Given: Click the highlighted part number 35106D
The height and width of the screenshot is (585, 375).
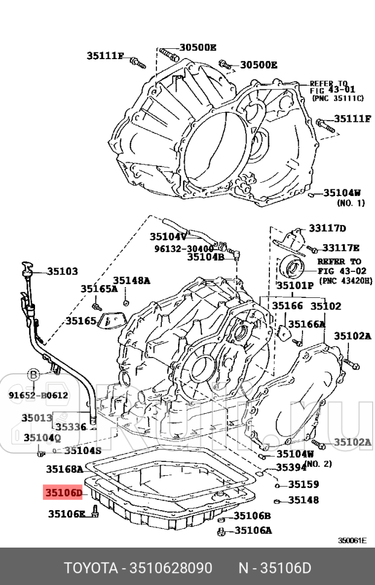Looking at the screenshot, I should click(x=62, y=493).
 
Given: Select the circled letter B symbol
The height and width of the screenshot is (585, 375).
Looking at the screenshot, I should click(x=34, y=375).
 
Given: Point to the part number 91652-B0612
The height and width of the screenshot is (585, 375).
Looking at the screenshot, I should click(x=38, y=396).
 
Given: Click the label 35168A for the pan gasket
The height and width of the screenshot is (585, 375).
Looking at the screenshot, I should click(x=65, y=468).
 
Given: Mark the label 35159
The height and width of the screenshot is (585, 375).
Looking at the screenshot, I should click(x=303, y=484).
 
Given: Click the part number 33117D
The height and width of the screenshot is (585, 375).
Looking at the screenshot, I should click(x=327, y=228).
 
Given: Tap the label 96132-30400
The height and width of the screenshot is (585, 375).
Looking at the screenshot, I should click(x=184, y=248).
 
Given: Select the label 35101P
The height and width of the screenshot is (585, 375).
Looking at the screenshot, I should click(x=295, y=285).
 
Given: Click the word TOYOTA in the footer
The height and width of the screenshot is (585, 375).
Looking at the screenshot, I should click(x=91, y=569).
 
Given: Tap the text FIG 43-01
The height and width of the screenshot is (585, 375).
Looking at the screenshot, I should click(x=329, y=90).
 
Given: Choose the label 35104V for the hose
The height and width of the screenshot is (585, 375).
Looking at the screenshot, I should click(x=168, y=237).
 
